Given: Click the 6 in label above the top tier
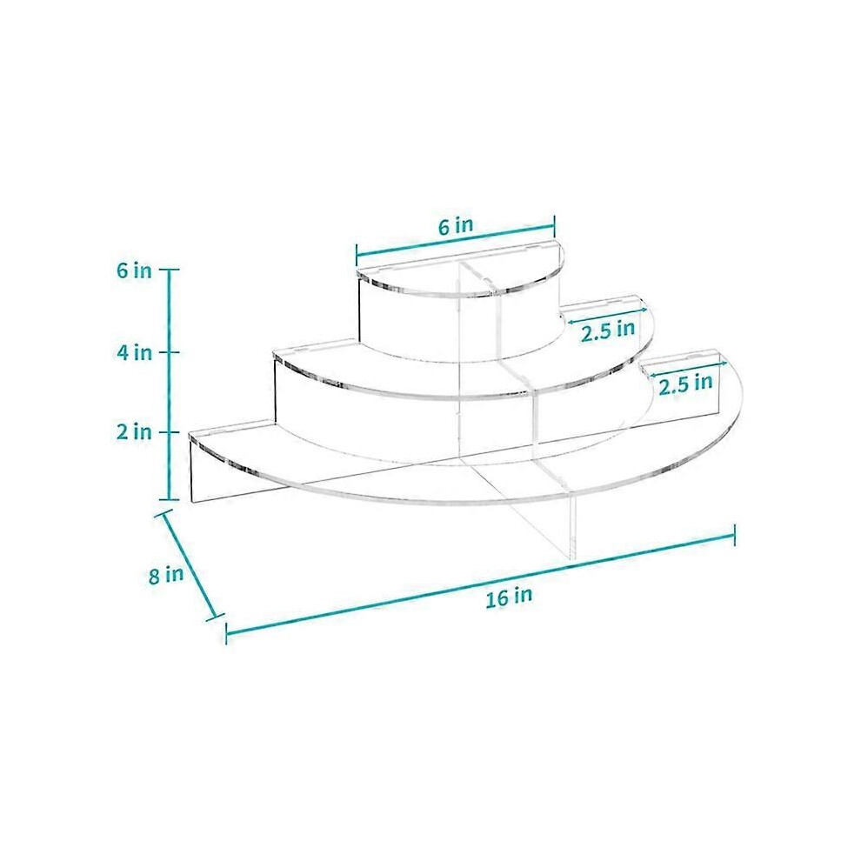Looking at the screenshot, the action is (x=456, y=226).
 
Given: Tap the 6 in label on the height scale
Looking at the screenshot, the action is (x=134, y=270).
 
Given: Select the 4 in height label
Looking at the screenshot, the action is (x=134, y=352).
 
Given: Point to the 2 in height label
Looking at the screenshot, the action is (x=134, y=432).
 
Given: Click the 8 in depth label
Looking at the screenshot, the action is (x=166, y=576).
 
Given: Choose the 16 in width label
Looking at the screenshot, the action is (x=509, y=597).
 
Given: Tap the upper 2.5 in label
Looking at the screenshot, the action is (x=609, y=331).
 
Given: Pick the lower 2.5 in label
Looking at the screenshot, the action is (x=686, y=384).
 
